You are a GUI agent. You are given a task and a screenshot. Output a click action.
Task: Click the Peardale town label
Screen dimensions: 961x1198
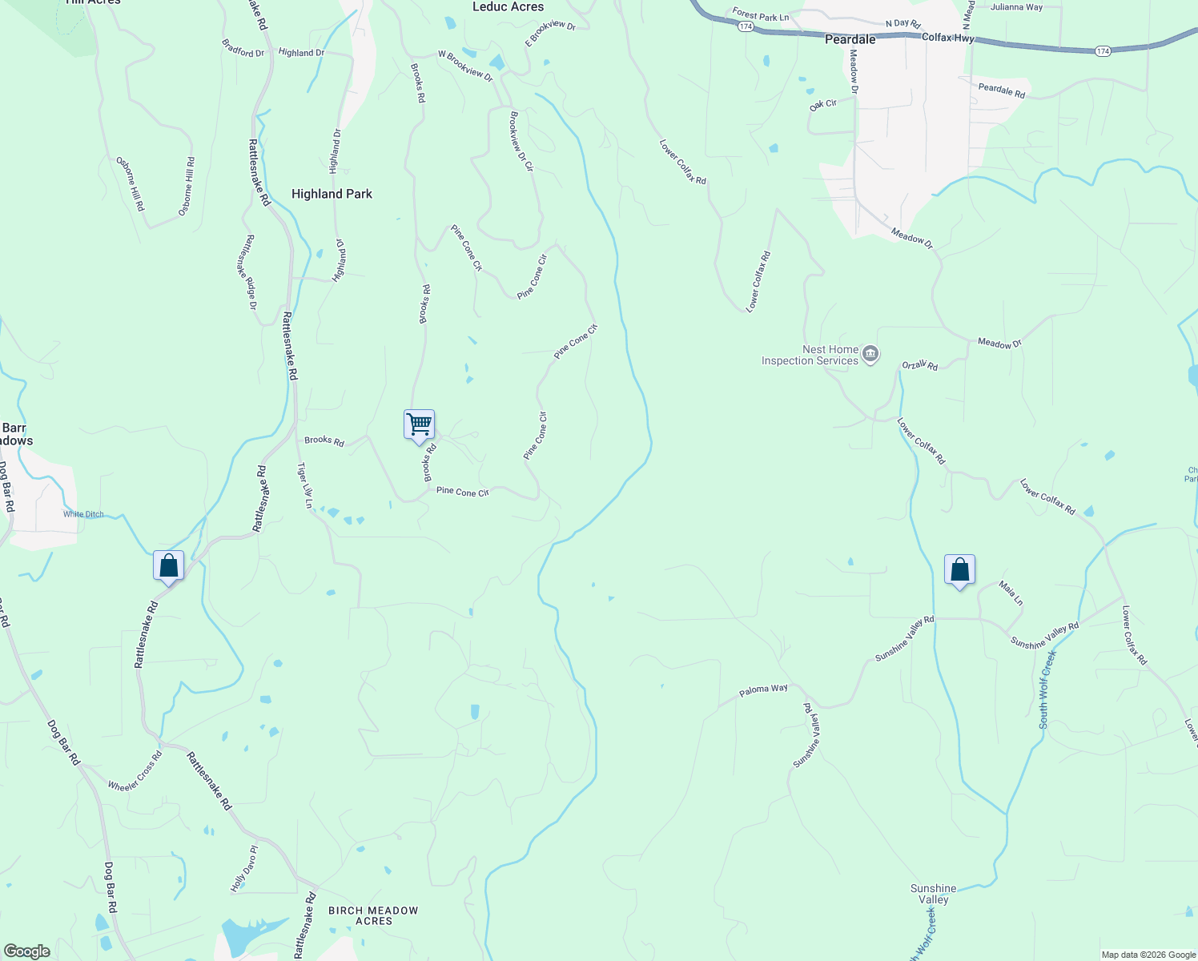click(850, 39)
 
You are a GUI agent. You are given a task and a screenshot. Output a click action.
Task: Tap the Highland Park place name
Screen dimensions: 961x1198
click(332, 194)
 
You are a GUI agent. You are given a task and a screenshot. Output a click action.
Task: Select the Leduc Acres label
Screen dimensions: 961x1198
click(508, 7)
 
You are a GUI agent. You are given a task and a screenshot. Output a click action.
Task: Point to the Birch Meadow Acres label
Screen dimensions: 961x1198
click(373, 915)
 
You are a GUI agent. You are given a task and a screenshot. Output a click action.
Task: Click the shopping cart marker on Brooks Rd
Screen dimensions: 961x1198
click(420, 424)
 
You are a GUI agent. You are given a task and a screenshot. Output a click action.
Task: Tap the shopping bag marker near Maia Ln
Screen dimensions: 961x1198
click(959, 570)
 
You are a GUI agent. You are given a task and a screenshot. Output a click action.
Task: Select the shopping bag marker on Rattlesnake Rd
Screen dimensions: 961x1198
click(168, 566)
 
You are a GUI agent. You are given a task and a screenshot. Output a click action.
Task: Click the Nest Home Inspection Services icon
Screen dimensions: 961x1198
click(871, 354)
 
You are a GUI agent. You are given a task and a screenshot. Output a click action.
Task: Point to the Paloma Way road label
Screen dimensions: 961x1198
click(763, 689)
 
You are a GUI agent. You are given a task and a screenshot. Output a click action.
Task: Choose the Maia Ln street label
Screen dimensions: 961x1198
click(1011, 593)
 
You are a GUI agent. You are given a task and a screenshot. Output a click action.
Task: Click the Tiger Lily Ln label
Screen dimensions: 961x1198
click(305, 485)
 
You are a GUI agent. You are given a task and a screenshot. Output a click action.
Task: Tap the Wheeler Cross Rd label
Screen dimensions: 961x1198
click(135, 771)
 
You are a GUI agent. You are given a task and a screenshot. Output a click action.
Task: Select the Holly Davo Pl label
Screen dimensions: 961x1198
click(244, 869)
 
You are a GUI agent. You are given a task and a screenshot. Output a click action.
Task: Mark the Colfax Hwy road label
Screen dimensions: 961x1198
click(947, 38)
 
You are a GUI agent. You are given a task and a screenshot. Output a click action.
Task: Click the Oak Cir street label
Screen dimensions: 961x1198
click(822, 105)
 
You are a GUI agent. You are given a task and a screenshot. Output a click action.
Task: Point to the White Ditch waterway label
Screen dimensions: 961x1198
click(83, 514)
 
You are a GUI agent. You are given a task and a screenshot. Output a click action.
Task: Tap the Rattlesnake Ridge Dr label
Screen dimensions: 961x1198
click(251, 272)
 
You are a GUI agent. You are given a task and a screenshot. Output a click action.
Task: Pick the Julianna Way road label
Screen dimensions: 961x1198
click(1016, 7)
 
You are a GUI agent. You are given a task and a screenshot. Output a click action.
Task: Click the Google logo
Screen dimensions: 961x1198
click(27, 951)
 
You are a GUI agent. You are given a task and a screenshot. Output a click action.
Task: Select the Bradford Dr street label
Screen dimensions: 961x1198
click(243, 51)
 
